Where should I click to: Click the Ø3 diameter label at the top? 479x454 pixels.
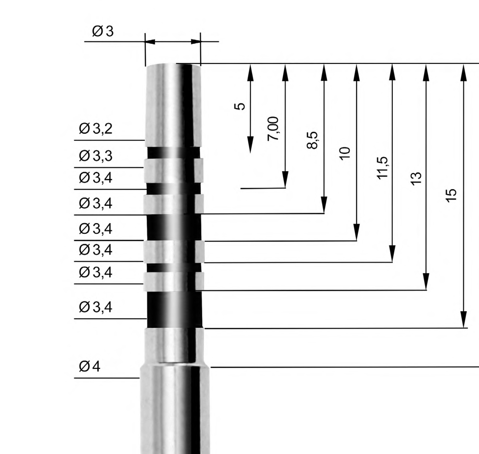tap(103, 32)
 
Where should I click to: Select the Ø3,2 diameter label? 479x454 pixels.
tap(96, 129)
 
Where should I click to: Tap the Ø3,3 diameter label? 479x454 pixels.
tap(96, 156)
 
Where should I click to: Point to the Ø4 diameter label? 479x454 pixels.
tap(90, 367)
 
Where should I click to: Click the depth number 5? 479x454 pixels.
tap(242, 106)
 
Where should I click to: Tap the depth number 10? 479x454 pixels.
tap(344, 153)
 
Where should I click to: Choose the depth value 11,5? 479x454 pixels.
tap(382, 167)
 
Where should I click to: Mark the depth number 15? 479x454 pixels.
tap(451, 195)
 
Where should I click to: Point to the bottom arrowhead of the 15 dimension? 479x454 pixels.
tap(463, 319)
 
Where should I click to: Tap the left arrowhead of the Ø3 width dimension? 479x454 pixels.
tap(151, 41)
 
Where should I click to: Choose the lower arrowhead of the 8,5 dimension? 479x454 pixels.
tap(324, 204)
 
